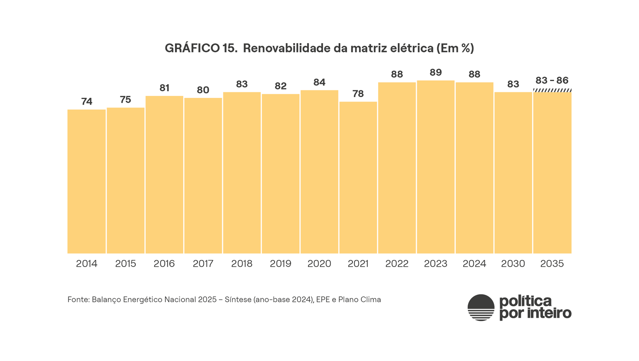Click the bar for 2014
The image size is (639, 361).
coord(86,181)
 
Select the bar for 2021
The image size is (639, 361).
coord(358,177)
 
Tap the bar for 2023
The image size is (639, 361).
coord(435,167)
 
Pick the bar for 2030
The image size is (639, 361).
coord(513,173)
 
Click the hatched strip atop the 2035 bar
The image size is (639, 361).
coord(552,91)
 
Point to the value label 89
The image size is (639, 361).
coord(435,73)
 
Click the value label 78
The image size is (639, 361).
coord(358,94)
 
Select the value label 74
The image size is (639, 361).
coord(87,102)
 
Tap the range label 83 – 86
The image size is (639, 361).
coord(552,81)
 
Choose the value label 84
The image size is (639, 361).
coord(319,82)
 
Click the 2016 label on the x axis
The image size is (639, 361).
coord(164,264)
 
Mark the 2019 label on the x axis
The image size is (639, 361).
coord(280,264)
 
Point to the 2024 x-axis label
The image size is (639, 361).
coord(474,264)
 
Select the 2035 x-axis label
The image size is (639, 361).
coord(552,264)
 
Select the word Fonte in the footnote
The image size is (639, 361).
coord(78,300)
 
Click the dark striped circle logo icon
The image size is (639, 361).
coord(481,307)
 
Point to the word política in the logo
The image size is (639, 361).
coord(525,301)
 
